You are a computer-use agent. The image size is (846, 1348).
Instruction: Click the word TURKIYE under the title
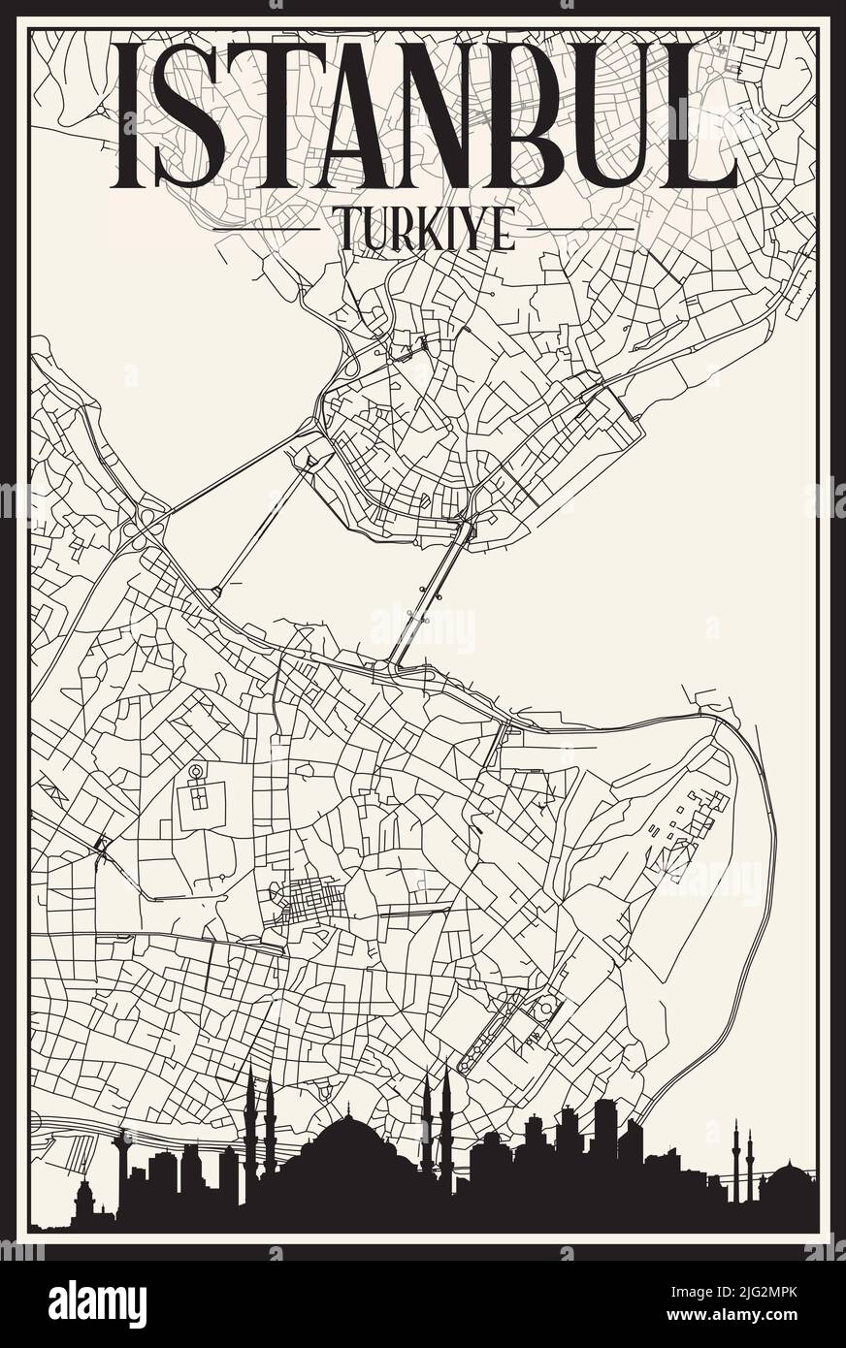[426, 231]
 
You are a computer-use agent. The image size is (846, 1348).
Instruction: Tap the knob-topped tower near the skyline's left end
[123, 1154]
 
